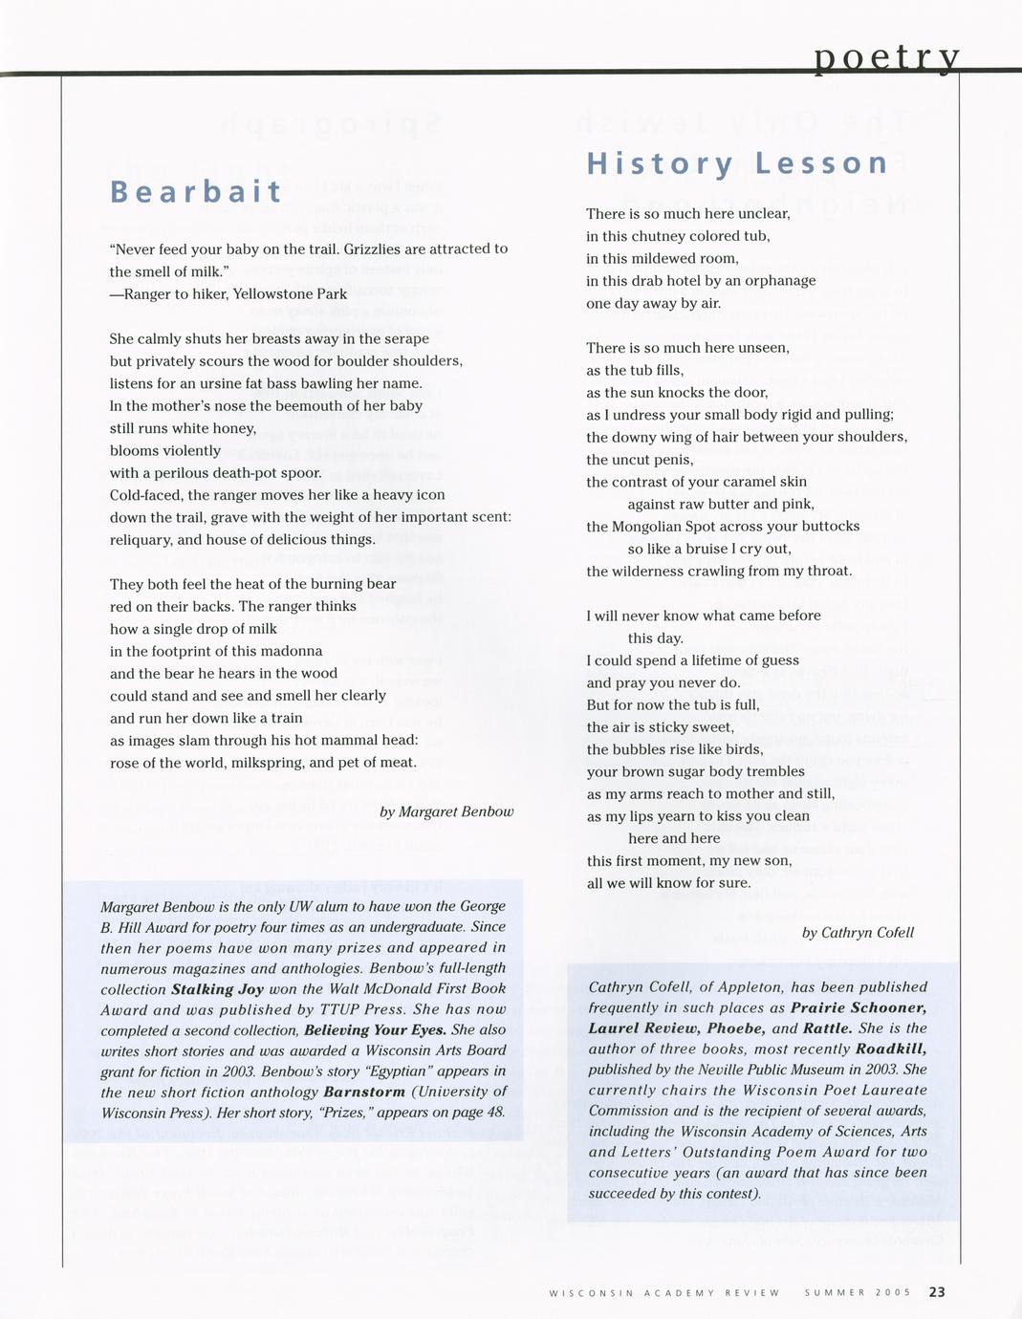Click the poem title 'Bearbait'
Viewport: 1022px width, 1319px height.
[x=197, y=191]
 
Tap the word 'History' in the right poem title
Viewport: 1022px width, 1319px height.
[x=661, y=163]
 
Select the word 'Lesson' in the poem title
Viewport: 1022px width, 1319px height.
[x=822, y=163]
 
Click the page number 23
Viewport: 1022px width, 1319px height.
[x=936, y=1292]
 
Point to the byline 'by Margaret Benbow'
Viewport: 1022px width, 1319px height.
[x=446, y=811]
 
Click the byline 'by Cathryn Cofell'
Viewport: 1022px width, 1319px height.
[x=858, y=932]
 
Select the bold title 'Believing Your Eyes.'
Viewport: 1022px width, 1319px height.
[x=375, y=1030]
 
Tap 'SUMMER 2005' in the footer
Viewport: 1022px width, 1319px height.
[x=858, y=1293]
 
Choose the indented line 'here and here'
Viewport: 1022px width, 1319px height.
[x=674, y=838]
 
